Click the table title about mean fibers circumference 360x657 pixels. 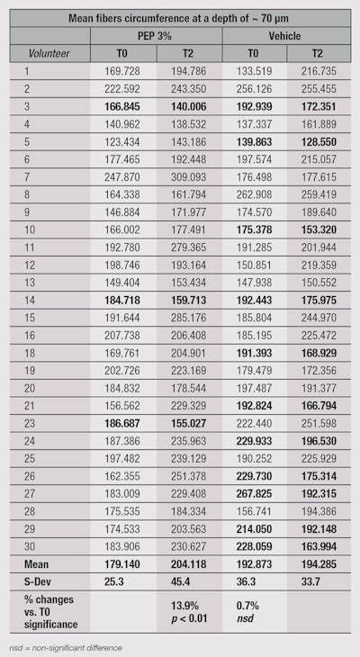pyautogui.click(x=180, y=16)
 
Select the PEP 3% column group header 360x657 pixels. pyautogui.click(x=156, y=34)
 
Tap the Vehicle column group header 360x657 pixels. pyautogui.click(x=287, y=34)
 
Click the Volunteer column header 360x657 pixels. pyautogui.click(x=45, y=52)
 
